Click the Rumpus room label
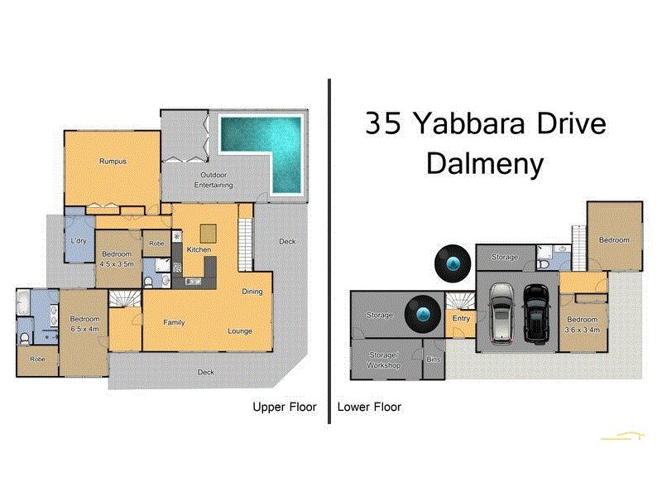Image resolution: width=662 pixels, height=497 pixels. (113, 161)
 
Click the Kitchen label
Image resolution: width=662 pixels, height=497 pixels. (199, 249)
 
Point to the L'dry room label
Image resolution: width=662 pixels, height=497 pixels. (79, 241)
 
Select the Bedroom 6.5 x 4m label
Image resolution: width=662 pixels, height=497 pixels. (84, 324)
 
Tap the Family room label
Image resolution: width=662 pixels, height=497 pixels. (174, 322)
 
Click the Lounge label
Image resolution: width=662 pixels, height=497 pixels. (240, 331)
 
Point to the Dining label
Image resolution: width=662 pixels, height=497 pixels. (252, 292)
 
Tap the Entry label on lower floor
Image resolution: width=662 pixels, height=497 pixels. (461, 318)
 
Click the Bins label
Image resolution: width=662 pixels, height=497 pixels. (434, 359)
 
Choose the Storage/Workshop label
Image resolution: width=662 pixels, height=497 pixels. (384, 359)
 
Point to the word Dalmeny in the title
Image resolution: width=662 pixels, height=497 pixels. (485, 163)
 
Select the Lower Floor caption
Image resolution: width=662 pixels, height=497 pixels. (369, 407)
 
